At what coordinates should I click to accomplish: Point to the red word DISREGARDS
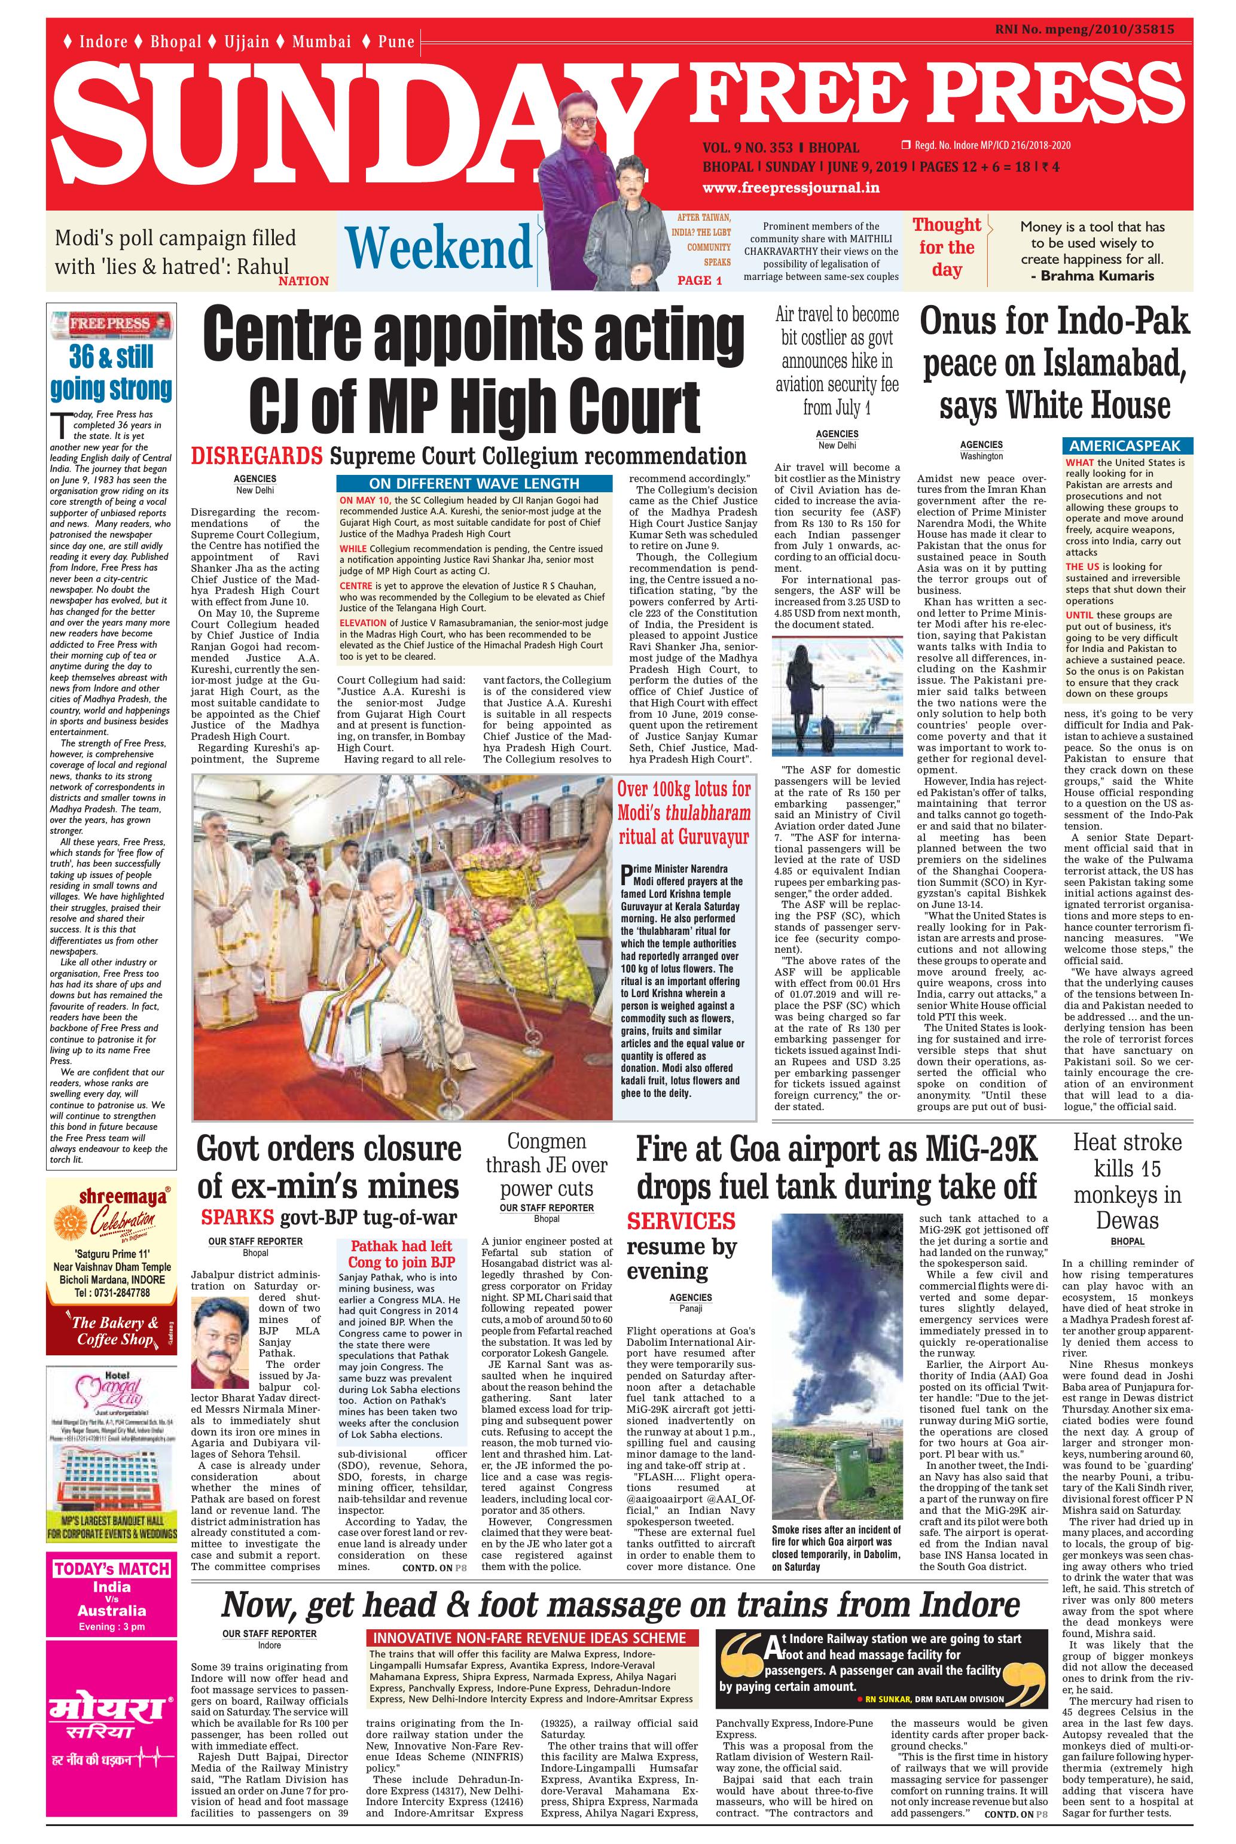(258, 456)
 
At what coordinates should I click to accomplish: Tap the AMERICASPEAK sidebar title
(1125, 446)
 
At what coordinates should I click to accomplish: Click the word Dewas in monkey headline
(1127, 1220)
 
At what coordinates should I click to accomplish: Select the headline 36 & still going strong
(111, 373)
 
